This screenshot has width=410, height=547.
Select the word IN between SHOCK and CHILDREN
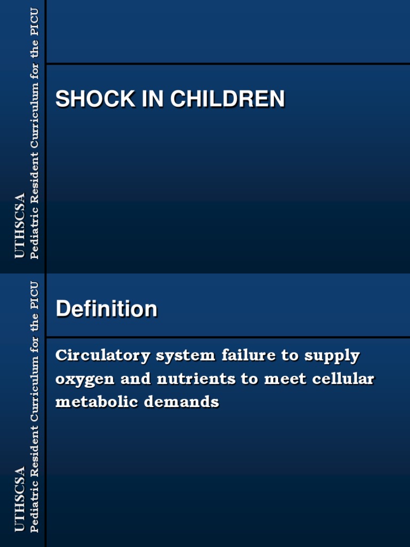pyautogui.click(x=153, y=99)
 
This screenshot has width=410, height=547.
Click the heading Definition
pyautogui.click(x=106, y=309)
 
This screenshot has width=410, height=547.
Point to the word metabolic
pyautogui.click(x=91, y=402)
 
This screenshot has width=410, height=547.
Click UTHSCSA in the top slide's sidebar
pyautogui.click(x=20, y=226)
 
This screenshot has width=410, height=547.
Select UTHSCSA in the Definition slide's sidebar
pyautogui.click(x=20, y=499)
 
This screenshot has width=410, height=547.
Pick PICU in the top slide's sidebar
pyautogui.click(x=35, y=21)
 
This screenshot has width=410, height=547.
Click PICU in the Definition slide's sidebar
pyautogui.click(x=35, y=294)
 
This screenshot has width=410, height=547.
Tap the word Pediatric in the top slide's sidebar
pyautogui.click(x=35, y=232)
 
